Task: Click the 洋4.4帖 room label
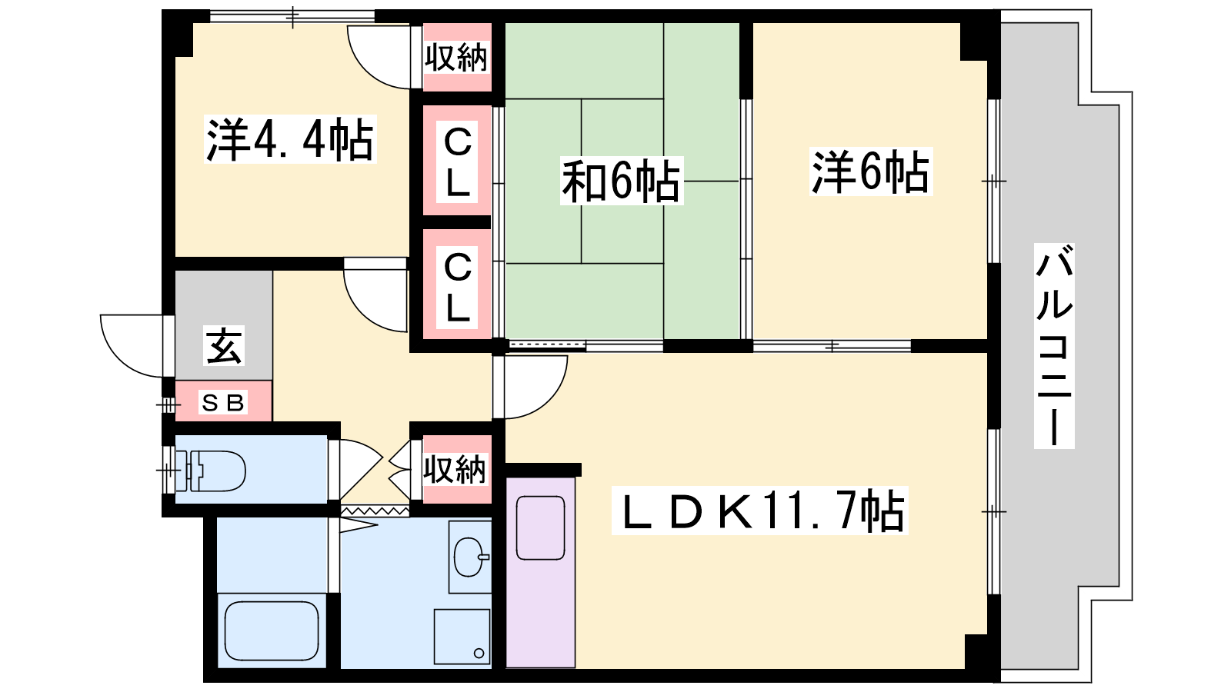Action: pyautogui.click(x=290, y=139)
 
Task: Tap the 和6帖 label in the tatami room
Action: pyautogui.click(x=621, y=181)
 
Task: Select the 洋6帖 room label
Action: pyautogui.click(x=871, y=171)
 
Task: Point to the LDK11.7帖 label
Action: pyautogui.click(x=760, y=511)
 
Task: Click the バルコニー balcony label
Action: pyautogui.click(x=1054, y=346)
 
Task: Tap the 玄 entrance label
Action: pyautogui.click(x=224, y=346)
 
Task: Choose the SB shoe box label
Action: pyautogui.click(x=223, y=403)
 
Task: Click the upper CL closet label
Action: pyautogui.click(x=457, y=161)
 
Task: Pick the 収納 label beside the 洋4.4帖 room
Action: pyautogui.click(x=456, y=57)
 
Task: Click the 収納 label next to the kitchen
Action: pyautogui.click(x=455, y=469)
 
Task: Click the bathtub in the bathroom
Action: pyautogui.click(x=272, y=631)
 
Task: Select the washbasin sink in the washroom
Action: pyautogui.click(x=470, y=557)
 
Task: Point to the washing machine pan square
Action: pyautogui.click(x=462, y=637)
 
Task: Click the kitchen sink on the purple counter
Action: pyautogui.click(x=541, y=527)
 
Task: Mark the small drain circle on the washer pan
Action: pyautogui.click(x=479, y=654)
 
